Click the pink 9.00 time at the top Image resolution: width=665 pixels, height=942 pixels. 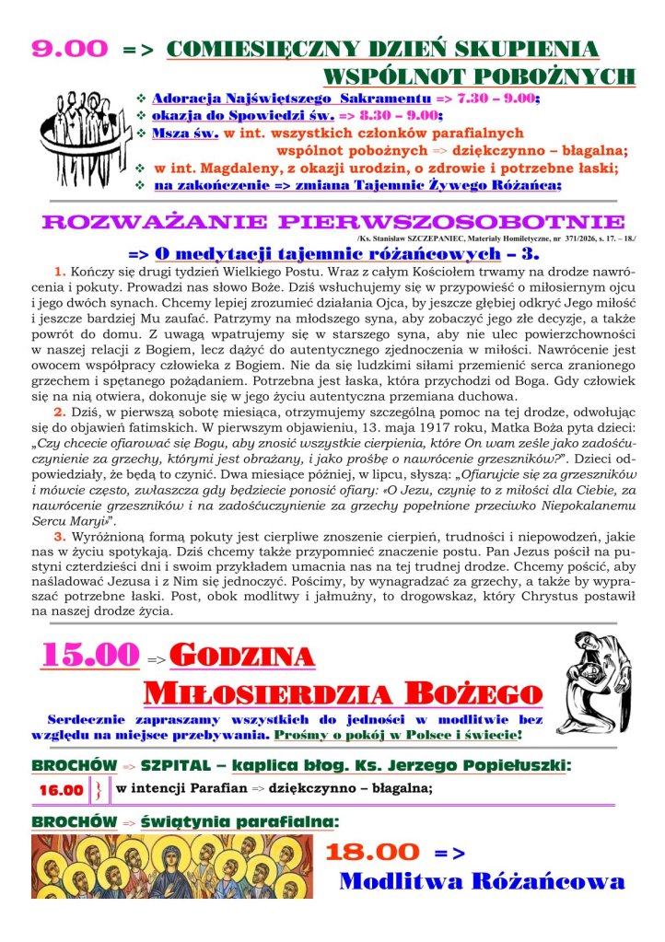69,49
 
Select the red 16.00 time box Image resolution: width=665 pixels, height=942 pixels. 61,790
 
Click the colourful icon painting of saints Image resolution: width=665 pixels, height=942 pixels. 171,866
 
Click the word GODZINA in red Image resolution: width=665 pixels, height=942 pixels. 243,657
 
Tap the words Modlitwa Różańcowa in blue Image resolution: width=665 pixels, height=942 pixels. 482,881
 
